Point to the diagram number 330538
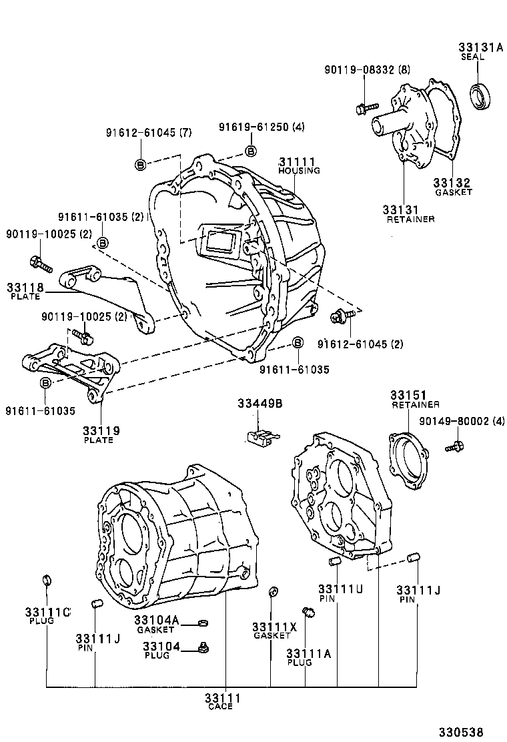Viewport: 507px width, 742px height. (460, 732)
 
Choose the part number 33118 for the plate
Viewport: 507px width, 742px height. (25, 288)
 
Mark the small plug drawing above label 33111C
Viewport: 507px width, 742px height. (46, 578)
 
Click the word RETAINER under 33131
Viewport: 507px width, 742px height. (410, 219)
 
